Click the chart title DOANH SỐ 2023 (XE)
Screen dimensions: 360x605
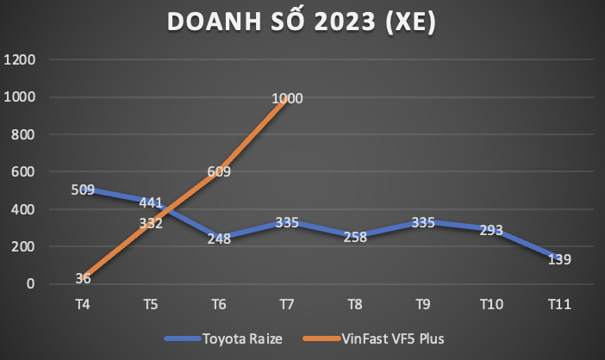pyautogui.click(x=302, y=23)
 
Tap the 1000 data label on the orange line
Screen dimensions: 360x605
pyautogui.click(x=287, y=99)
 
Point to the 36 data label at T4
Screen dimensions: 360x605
pyautogui.click(x=83, y=277)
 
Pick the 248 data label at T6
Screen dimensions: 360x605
pyautogui.click(x=218, y=239)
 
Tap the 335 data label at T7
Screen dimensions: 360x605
pyautogui.click(x=286, y=222)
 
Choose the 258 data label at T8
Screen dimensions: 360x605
pyautogui.click(x=354, y=237)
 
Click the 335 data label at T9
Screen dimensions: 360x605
pyautogui.click(x=421, y=222)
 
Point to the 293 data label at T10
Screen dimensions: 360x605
pyautogui.click(x=490, y=230)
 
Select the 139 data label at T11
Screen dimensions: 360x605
pyautogui.click(x=558, y=259)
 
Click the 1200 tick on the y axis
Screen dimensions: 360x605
pyautogui.click(x=20, y=60)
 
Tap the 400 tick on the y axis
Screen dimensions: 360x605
pyautogui.click(x=23, y=209)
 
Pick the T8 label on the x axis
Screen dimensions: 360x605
pyautogui.click(x=354, y=304)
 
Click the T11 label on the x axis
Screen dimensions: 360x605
pyautogui.click(x=558, y=304)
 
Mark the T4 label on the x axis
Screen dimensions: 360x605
pyautogui.click(x=83, y=304)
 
